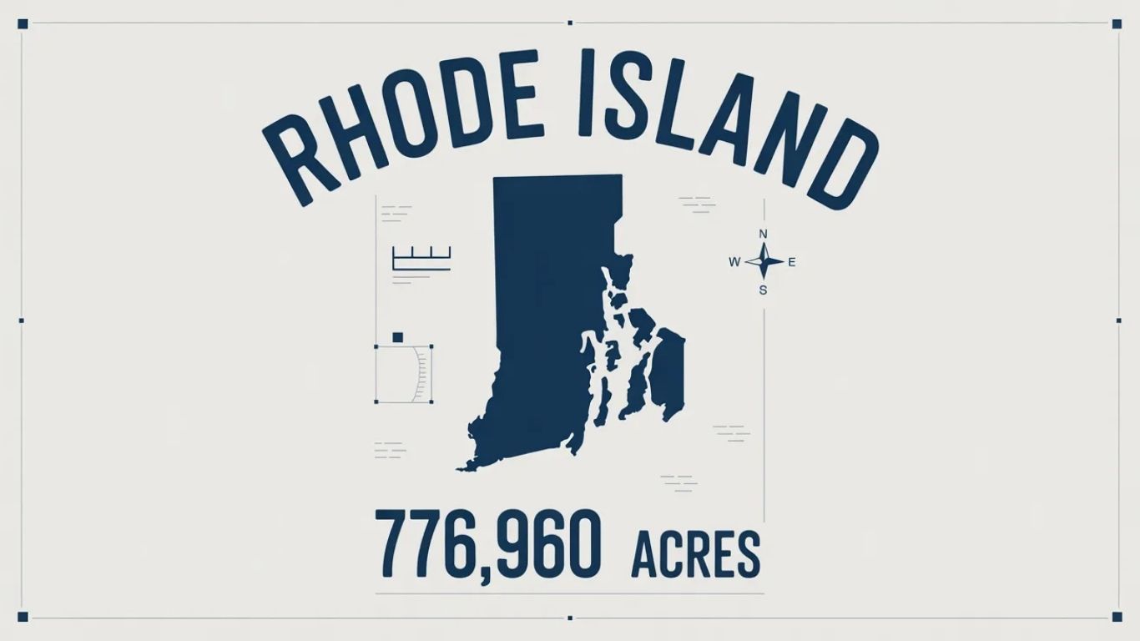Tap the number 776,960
487,543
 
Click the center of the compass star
763,262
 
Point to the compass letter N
763,235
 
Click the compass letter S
763,290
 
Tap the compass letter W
734,262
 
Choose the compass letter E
792,262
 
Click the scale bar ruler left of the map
421,258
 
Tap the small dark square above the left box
397,336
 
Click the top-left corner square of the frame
23,24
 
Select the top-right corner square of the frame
1117,24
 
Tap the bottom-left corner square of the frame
23,617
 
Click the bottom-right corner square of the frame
1117,617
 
